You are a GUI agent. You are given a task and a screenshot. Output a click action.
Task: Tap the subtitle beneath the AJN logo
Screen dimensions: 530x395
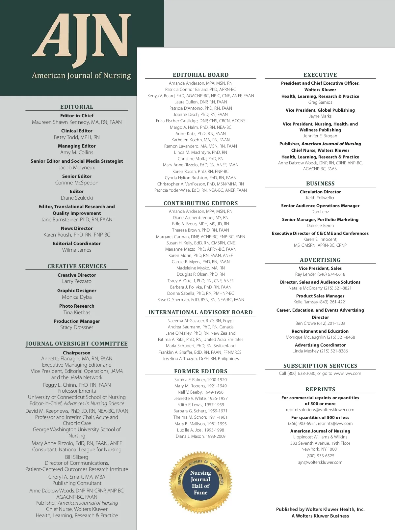[81, 76]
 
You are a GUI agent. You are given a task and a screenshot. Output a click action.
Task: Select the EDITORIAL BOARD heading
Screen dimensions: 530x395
[200, 75]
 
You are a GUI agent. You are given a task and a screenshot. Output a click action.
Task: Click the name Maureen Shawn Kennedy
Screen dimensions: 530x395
[77, 122]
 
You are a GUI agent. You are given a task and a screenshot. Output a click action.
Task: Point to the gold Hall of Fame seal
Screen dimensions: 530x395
[200, 482]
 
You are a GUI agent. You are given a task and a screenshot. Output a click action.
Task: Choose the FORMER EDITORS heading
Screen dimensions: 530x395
[200, 371]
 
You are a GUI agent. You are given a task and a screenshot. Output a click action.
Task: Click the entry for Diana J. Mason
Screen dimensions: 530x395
[200, 436]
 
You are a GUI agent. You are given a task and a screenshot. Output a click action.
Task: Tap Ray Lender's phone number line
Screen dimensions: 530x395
[320, 274]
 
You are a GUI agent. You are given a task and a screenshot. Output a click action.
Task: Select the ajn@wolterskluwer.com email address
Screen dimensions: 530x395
[320, 462]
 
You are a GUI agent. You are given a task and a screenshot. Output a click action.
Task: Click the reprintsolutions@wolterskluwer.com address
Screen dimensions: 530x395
[320, 410]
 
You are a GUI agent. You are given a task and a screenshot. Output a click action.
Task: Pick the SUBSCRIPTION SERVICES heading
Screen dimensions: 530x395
[320, 366]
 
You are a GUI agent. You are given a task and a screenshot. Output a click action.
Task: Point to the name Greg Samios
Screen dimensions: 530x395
[320, 102]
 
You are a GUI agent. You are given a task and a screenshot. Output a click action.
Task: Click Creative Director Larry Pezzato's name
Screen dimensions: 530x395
[77, 281]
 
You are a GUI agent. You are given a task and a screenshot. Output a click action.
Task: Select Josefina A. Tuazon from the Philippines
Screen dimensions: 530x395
[200, 359]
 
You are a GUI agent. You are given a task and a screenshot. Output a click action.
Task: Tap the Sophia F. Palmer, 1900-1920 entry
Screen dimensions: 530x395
[200, 380]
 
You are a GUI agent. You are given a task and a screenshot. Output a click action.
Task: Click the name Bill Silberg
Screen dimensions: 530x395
[77, 457]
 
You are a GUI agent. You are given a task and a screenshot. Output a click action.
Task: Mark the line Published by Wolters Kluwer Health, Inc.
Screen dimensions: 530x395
[320, 509]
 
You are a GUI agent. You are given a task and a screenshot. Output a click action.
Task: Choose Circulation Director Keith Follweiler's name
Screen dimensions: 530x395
[320, 198]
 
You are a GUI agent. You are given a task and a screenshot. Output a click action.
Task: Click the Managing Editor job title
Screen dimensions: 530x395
[77, 146]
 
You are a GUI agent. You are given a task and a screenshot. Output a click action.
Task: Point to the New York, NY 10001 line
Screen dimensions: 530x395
[320, 449]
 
